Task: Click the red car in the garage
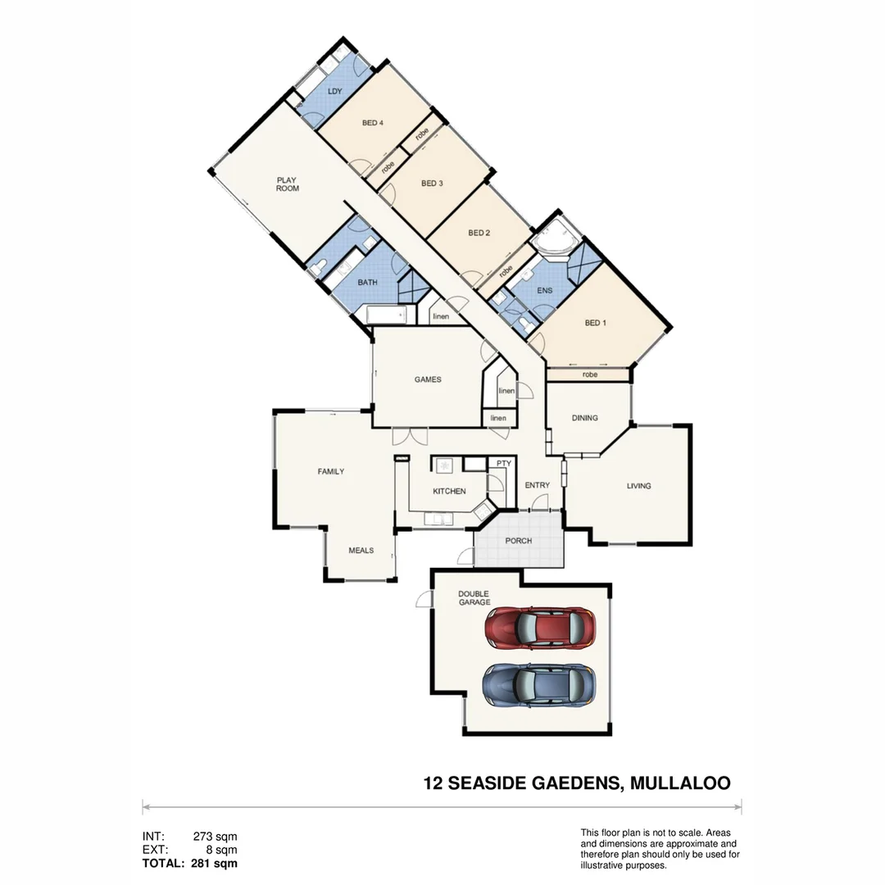pyautogui.click(x=539, y=628)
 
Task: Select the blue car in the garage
pyautogui.click(x=539, y=684)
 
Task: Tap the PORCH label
pyautogui.click(x=519, y=541)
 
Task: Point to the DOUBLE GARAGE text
pyautogui.click(x=474, y=598)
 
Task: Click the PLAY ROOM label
pyautogui.click(x=288, y=184)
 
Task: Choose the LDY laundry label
pyautogui.click(x=334, y=91)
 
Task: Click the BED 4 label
pyautogui.click(x=373, y=123)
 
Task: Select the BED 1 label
pyautogui.click(x=596, y=323)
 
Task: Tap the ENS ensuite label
pyautogui.click(x=545, y=290)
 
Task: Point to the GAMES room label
pyautogui.click(x=428, y=379)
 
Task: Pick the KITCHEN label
pyautogui.click(x=449, y=492)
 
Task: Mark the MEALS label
pyautogui.click(x=361, y=550)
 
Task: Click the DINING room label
pyautogui.click(x=585, y=418)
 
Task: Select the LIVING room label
pyautogui.click(x=639, y=486)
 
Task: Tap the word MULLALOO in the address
pyautogui.click(x=680, y=783)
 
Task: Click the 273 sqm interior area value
pyautogui.click(x=215, y=837)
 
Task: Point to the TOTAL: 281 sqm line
pyautogui.click(x=190, y=863)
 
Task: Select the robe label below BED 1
pyautogui.click(x=590, y=374)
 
